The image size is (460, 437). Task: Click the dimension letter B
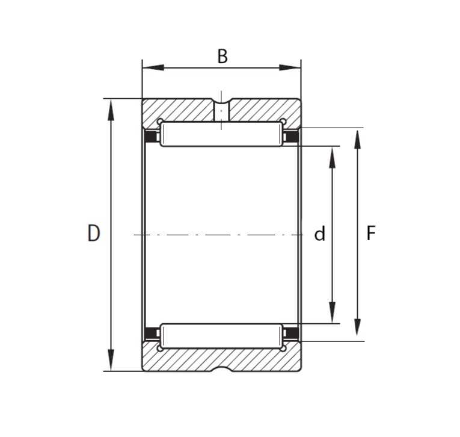coord(222,56)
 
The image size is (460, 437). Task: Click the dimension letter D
coord(94,233)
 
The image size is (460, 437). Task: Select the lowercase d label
coord(320,234)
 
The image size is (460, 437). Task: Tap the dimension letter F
coord(371,233)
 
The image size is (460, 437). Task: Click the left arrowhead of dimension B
coord(153,67)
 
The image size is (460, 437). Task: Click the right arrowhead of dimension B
coord(290,67)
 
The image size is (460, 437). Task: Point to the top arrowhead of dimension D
coord(111,110)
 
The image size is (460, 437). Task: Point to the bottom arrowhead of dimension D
coord(111,360)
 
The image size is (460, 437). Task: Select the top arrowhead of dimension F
coord(357,140)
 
